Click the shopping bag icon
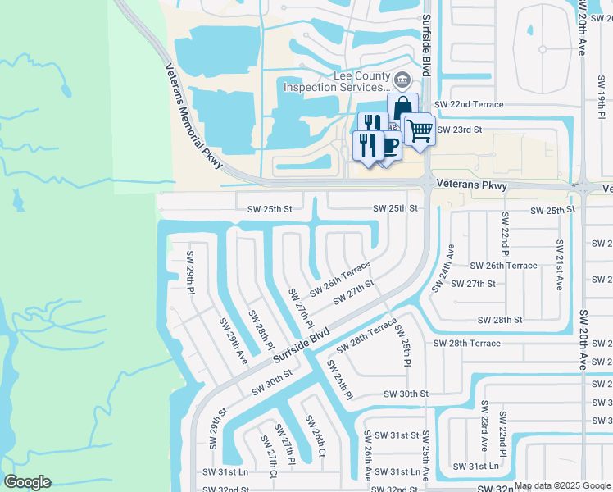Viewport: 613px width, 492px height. point(402,107)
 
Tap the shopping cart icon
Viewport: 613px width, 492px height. point(419,130)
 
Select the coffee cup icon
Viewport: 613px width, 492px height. point(389,146)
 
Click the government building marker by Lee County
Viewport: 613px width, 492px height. point(402,80)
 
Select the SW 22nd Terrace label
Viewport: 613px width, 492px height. point(469,105)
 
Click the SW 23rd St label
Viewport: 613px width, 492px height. point(460,130)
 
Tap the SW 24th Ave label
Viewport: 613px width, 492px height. point(449,263)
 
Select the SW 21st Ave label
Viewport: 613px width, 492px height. point(559,262)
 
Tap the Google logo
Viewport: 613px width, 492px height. point(27,482)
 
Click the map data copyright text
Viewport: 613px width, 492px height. point(561,485)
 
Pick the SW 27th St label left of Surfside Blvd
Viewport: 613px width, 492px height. point(354,291)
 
